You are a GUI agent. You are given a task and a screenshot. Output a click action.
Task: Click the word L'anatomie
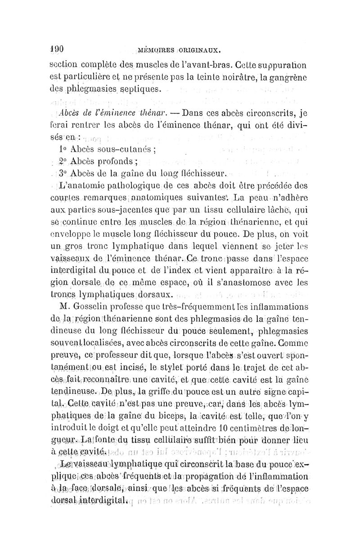84,186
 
